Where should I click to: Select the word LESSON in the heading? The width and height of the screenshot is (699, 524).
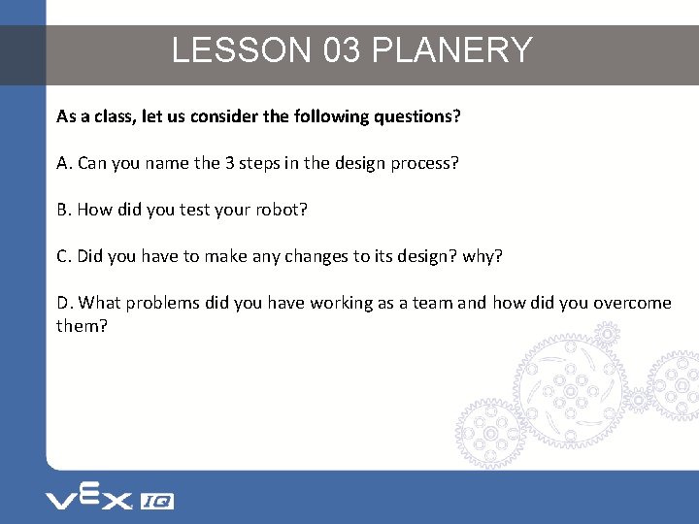pos(243,50)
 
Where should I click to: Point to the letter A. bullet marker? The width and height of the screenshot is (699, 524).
pos(64,163)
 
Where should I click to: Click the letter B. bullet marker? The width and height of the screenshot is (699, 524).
pos(64,210)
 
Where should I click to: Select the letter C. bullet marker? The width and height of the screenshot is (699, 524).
pos(64,256)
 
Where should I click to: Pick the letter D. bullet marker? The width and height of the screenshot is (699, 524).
pos(65,303)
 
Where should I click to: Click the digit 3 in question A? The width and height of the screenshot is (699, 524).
pos(229,163)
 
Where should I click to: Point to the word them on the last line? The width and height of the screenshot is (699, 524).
pos(78,326)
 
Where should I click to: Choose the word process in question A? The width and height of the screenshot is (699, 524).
pos(421,163)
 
